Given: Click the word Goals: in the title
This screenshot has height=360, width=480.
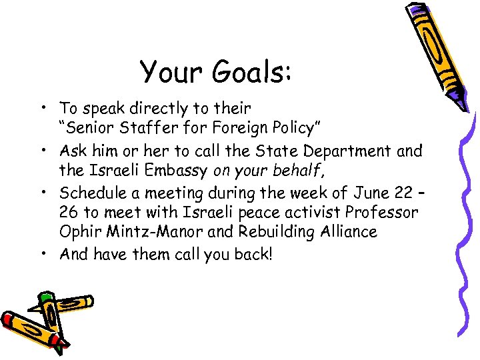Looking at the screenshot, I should tap(250, 71).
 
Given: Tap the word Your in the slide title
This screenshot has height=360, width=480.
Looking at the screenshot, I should tap(172, 71).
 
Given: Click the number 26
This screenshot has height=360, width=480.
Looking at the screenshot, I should tap(68, 213).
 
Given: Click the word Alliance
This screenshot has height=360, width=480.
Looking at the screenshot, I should tap(347, 232).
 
